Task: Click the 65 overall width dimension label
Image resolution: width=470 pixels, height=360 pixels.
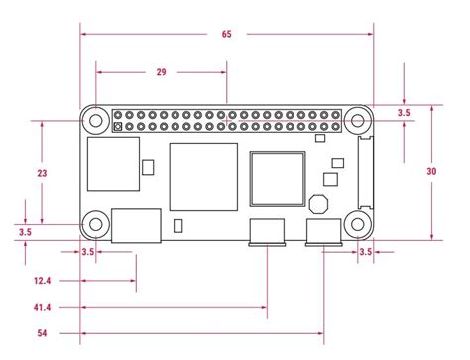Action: point(226,34)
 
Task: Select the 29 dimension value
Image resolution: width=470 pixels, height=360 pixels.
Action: point(161,71)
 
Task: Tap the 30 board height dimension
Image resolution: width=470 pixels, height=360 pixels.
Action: point(431,171)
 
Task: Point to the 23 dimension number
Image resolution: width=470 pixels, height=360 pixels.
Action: point(42,173)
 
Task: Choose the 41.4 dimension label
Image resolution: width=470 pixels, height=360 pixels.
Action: point(42,309)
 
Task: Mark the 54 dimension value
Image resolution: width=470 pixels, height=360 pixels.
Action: point(42,333)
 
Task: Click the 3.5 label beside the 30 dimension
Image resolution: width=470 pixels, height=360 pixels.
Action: point(404,114)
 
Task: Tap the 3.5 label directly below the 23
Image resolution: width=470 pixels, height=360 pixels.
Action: point(25,232)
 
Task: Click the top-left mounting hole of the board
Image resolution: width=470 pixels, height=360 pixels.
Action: point(96,121)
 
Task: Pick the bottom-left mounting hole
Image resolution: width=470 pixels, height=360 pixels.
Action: point(96,224)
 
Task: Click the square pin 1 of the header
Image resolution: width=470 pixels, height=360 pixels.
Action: point(118,128)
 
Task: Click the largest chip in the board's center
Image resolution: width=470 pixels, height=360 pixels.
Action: point(204,177)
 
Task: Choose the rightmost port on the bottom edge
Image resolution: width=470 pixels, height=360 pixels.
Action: point(323,233)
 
